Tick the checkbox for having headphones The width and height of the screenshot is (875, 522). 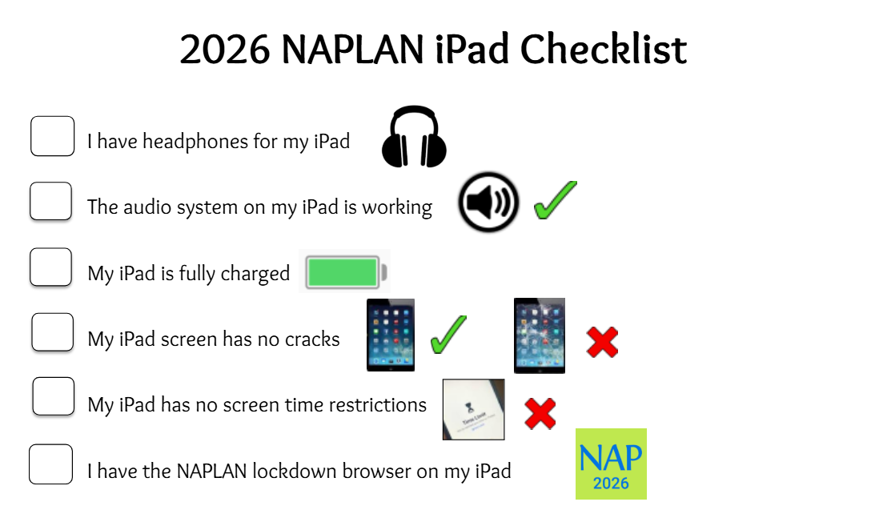tap(53, 136)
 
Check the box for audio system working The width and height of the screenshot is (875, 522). tap(50, 201)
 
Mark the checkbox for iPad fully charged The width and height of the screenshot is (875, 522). tap(50, 267)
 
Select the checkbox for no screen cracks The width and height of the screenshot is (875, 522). tap(53, 332)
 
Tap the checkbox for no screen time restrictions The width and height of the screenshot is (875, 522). tap(53, 396)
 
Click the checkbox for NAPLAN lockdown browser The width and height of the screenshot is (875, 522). tap(50, 464)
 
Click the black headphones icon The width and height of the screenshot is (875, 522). tap(414, 137)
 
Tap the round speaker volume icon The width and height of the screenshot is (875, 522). tap(489, 202)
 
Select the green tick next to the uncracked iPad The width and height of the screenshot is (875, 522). tap(448, 335)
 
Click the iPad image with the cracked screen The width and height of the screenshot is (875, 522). tap(540, 335)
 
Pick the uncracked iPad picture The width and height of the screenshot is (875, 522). tap(391, 335)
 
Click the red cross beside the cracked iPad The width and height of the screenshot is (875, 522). tap(603, 342)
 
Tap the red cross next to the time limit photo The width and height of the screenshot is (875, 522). tap(540, 414)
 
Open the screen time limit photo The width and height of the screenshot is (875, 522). tap(474, 410)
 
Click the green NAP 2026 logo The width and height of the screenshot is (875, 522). tap(611, 464)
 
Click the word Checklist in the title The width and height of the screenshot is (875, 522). tap(604, 50)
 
